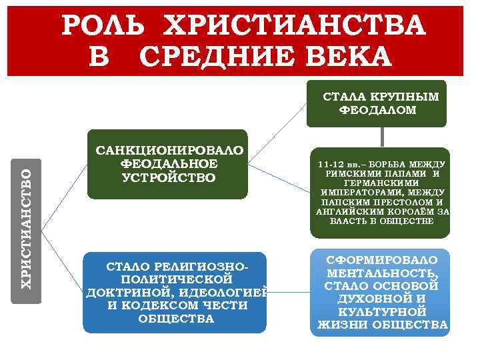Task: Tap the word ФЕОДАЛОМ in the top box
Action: coord(378,111)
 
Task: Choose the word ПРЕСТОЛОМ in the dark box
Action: coord(395,202)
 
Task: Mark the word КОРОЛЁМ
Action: coord(409,211)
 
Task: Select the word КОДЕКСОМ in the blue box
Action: coord(150,305)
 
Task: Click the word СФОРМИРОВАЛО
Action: coord(382,260)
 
